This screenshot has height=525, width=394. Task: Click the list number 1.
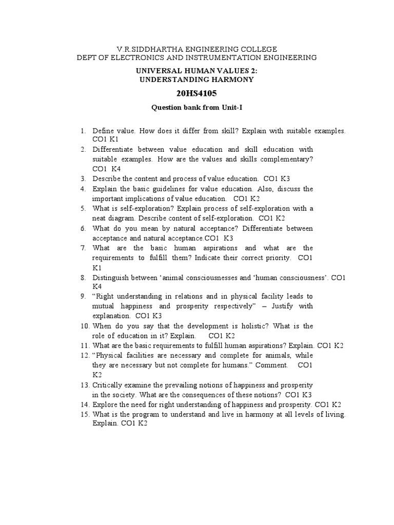coord(83,131)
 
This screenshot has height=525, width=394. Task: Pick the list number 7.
coord(83,248)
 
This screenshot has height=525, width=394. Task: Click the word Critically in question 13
coord(108,385)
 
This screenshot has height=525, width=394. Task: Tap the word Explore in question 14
coord(105,405)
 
